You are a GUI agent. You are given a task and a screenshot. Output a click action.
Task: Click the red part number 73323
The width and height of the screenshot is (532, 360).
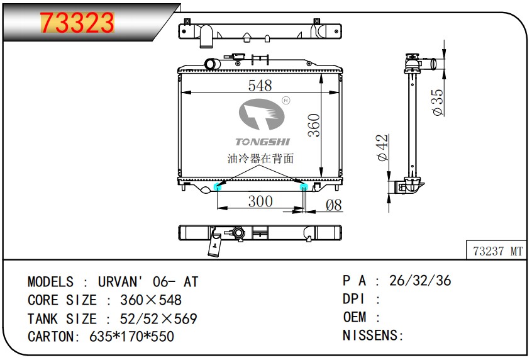point(77,23)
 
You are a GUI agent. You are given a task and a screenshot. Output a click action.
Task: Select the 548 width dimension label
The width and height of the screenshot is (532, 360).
point(260,85)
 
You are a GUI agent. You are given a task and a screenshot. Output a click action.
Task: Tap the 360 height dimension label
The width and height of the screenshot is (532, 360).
point(314,125)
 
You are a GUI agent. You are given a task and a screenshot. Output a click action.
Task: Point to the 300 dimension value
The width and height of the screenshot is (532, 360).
point(260,201)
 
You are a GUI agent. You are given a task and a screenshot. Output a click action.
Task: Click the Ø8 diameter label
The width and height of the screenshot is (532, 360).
point(333,205)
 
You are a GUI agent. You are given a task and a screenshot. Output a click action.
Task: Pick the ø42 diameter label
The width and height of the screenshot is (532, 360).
point(382,147)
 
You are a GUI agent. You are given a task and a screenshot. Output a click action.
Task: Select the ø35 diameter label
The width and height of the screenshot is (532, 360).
point(438,102)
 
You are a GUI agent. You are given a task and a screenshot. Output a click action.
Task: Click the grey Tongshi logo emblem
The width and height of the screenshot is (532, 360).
point(262,115)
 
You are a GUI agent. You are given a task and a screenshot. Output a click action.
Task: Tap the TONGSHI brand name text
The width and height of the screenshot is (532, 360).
point(263,142)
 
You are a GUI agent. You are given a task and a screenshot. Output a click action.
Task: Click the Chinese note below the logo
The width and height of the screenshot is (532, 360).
point(260,158)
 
